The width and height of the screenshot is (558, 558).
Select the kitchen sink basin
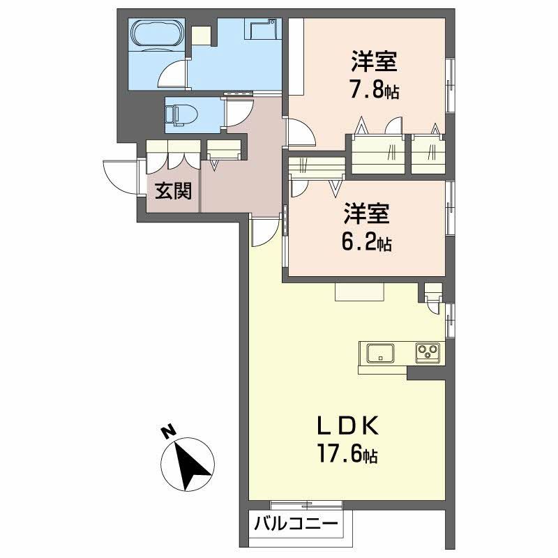(379, 353)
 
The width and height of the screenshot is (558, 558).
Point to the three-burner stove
(426, 353)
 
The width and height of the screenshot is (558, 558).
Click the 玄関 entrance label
(173, 190)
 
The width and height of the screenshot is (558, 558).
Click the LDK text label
(348, 426)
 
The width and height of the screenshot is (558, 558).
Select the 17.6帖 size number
(348, 455)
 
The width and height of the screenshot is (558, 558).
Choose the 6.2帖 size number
(366, 242)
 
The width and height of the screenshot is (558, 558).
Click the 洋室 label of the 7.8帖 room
(375, 62)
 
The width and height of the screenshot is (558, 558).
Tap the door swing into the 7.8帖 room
(301, 133)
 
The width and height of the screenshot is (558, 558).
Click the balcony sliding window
(292, 504)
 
